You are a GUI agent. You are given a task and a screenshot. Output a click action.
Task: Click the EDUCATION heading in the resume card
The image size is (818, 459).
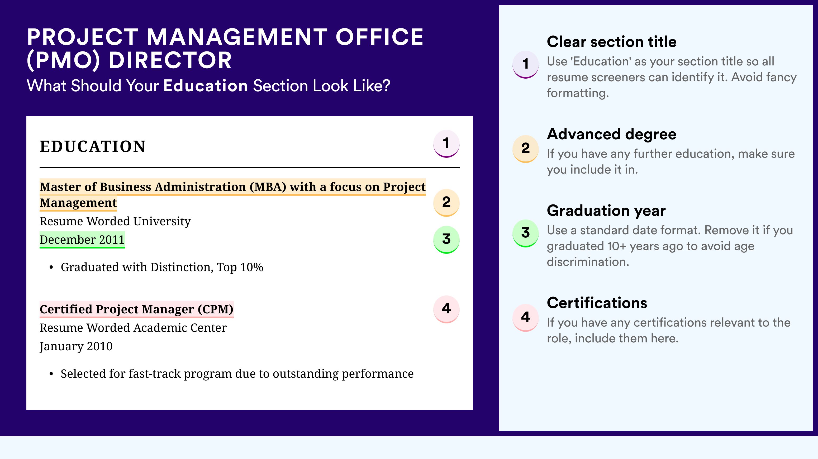pyautogui.click(x=92, y=146)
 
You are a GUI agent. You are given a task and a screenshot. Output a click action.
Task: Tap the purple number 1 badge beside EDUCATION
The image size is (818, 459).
pyautogui.click(x=446, y=144)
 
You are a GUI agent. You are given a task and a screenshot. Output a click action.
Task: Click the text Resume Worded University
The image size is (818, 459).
pyautogui.click(x=115, y=221)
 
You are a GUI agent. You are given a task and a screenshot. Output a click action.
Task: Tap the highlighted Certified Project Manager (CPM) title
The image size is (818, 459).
pyautogui.click(x=136, y=309)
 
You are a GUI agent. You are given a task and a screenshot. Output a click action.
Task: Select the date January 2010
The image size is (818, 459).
pyautogui.click(x=76, y=346)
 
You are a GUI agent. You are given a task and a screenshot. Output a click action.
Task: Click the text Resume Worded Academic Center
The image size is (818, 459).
pyautogui.click(x=133, y=328)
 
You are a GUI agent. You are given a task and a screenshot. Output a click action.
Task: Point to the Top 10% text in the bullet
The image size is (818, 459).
pyautogui.click(x=240, y=267)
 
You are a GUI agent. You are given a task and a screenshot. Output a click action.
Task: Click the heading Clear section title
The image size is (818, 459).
pyautogui.click(x=612, y=42)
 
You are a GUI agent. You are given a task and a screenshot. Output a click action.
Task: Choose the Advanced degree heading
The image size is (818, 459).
pyautogui.click(x=612, y=134)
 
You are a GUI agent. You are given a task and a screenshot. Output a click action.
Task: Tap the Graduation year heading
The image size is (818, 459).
pyautogui.click(x=606, y=211)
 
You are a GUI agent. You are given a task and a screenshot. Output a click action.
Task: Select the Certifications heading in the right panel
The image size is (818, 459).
pyautogui.click(x=597, y=303)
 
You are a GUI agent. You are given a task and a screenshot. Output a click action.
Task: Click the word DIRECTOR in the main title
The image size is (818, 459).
pyautogui.click(x=170, y=60)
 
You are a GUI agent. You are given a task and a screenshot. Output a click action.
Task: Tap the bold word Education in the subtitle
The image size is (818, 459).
pyautogui.click(x=206, y=86)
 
